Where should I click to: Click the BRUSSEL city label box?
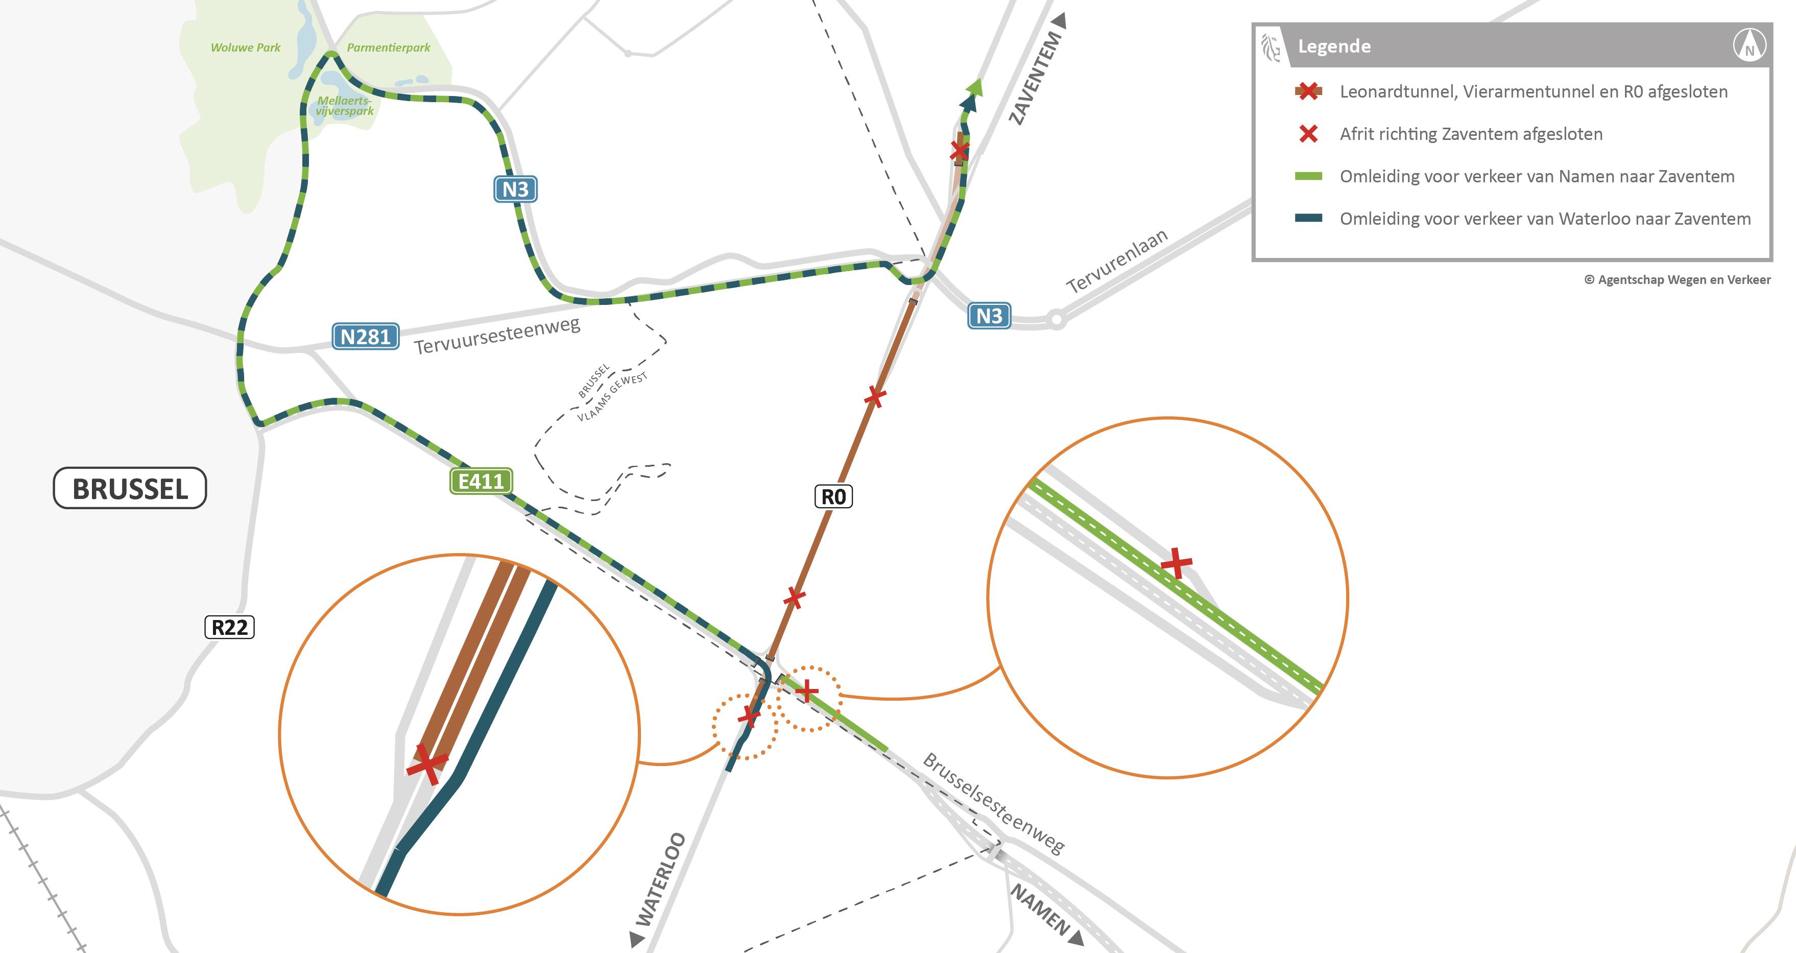(x=130, y=488)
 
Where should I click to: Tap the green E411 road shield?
(x=481, y=481)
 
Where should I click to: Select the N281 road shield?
(x=365, y=337)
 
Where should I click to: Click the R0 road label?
(x=833, y=496)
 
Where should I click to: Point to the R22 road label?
(x=229, y=627)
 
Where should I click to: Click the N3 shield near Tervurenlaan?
(x=989, y=316)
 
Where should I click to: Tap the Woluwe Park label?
(x=246, y=47)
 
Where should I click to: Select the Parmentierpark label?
(x=388, y=47)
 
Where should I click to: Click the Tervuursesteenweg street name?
(x=496, y=336)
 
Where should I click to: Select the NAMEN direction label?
(x=1040, y=909)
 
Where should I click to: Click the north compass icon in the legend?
(x=1750, y=46)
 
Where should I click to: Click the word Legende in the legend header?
(x=1334, y=46)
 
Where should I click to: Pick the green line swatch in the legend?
(x=1308, y=176)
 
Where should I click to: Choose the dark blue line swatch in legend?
(x=1308, y=218)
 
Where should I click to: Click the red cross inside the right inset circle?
(x=1176, y=563)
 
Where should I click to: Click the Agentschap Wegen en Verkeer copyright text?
(x=1677, y=279)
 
